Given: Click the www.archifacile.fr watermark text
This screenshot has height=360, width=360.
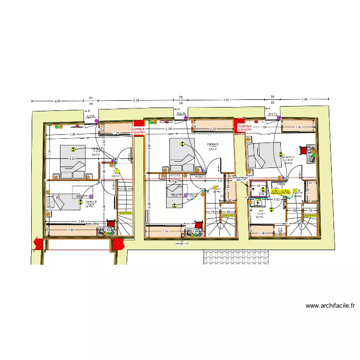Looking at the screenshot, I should click(x=330, y=305).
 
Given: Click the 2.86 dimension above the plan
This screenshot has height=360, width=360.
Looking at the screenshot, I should click(x=58, y=100).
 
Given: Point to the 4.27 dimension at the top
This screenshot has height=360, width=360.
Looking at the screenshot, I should click(x=226, y=100).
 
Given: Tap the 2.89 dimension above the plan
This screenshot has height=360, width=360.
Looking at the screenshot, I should click(x=304, y=99).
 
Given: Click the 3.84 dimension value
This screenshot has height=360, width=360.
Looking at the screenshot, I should click(x=81, y=221).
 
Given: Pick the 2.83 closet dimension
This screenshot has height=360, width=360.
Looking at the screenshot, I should click(x=71, y=230).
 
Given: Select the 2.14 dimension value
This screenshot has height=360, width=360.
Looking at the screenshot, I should click(x=165, y=231).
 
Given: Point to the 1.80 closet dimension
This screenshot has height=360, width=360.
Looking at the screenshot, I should click(x=298, y=127).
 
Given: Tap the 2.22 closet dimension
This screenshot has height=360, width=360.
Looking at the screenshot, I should click(x=213, y=129).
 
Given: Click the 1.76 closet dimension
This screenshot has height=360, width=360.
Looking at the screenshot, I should click(x=116, y=132).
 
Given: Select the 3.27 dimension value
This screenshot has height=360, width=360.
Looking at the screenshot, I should click(x=176, y=181).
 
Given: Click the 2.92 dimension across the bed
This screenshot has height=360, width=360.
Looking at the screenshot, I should click(x=72, y=158).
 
